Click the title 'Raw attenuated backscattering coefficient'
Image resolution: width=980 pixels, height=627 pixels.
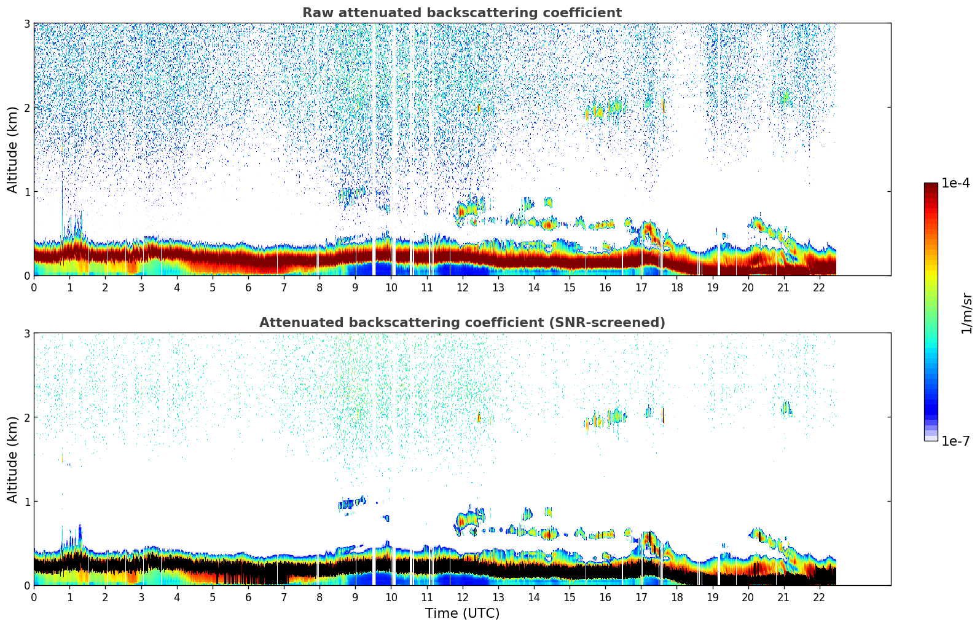pyautogui.click(x=461, y=13)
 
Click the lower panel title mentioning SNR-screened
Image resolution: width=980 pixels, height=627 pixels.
pyautogui.click(x=461, y=323)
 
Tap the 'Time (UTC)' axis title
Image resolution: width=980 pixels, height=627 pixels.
pyautogui.click(x=462, y=613)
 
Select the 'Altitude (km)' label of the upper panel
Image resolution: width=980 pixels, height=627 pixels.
pyautogui.click(x=13, y=149)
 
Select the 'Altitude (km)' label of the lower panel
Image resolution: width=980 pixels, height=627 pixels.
pyautogui.click(x=13, y=459)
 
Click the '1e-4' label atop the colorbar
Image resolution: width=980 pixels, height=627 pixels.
pyautogui.click(x=955, y=183)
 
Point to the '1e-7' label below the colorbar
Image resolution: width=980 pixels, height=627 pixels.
pyautogui.click(x=955, y=441)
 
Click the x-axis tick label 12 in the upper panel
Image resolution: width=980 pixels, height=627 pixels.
pyautogui.click(x=462, y=288)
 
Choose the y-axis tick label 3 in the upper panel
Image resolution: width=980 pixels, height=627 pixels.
pyautogui.click(x=27, y=23)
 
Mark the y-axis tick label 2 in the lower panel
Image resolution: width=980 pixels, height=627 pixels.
pyautogui.click(x=27, y=417)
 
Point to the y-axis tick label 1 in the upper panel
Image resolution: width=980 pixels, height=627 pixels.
pyautogui.click(x=27, y=192)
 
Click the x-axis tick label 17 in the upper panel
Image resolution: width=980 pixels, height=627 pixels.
pyautogui.click(x=641, y=288)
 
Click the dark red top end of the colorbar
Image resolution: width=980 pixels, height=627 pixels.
pyautogui.click(x=931, y=187)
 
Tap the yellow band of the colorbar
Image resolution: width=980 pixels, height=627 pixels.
pyautogui.click(x=931, y=270)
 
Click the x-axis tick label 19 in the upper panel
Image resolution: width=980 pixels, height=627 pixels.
pyautogui.click(x=712, y=288)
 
